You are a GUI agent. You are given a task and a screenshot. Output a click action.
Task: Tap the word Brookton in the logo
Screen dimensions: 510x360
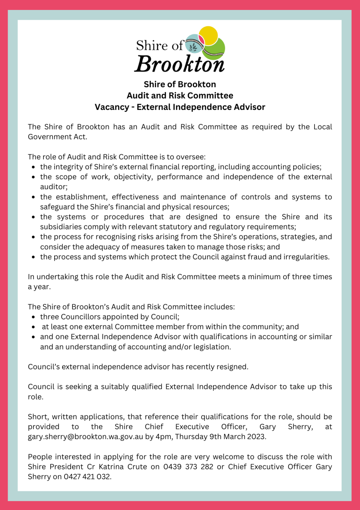[x=179, y=63]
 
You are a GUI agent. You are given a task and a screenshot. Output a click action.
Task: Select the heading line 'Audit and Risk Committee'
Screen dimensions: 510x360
[x=180, y=96]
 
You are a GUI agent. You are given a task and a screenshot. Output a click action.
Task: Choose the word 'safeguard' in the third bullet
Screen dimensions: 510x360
[x=57, y=206]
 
